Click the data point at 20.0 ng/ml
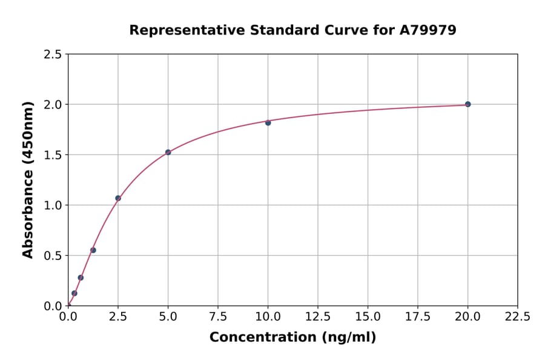coord(467,104)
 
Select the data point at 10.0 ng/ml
coord(268,122)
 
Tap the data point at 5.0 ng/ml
coord(168,152)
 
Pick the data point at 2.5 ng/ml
coord(118,198)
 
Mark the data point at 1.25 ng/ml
coord(93,250)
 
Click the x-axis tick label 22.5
coord(517,316)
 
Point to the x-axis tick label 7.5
coord(218,316)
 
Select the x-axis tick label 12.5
coord(318,316)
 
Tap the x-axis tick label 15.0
coord(368,316)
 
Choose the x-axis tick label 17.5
coord(418,316)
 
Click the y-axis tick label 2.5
coord(53,55)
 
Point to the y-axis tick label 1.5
coord(53,155)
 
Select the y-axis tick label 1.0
coord(53,205)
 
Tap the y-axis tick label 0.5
coord(53,256)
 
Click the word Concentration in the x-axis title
coord(262,338)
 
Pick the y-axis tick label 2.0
coord(53,105)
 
